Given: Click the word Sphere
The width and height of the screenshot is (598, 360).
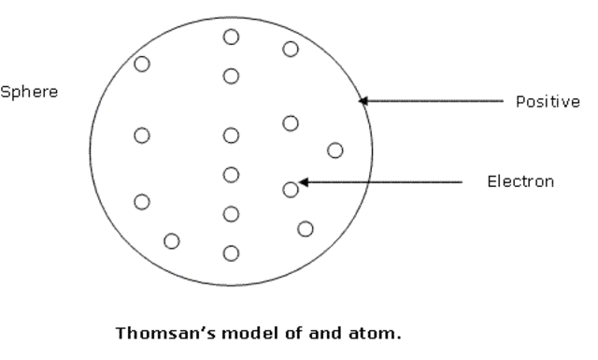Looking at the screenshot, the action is click(x=29, y=94).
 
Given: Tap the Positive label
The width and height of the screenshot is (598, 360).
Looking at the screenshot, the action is click(x=548, y=101).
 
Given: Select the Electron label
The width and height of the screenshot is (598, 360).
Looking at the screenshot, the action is click(x=520, y=181).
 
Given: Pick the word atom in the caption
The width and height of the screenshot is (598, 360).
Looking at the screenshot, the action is click(x=377, y=332).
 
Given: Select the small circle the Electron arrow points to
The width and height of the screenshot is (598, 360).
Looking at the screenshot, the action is click(x=291, y=189).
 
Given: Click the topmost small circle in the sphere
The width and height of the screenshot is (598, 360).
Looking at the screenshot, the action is click(x=231, y=36).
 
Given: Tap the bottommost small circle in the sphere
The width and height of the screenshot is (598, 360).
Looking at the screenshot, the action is click(x=231, y=252).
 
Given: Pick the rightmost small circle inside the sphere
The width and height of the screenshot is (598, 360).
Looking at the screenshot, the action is click(x=335, y=150).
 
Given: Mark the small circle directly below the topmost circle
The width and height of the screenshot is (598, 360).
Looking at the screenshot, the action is click(x=231, y=76).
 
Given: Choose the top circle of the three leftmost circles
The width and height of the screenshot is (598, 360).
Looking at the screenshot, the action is click(x=142, y=64).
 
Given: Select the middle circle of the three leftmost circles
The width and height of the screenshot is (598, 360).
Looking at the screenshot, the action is click(x=142, y=136).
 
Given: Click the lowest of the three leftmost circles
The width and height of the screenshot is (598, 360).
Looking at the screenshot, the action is click(x=142, y=201).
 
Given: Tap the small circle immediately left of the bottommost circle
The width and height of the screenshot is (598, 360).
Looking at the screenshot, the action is click(x=172, y=241).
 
